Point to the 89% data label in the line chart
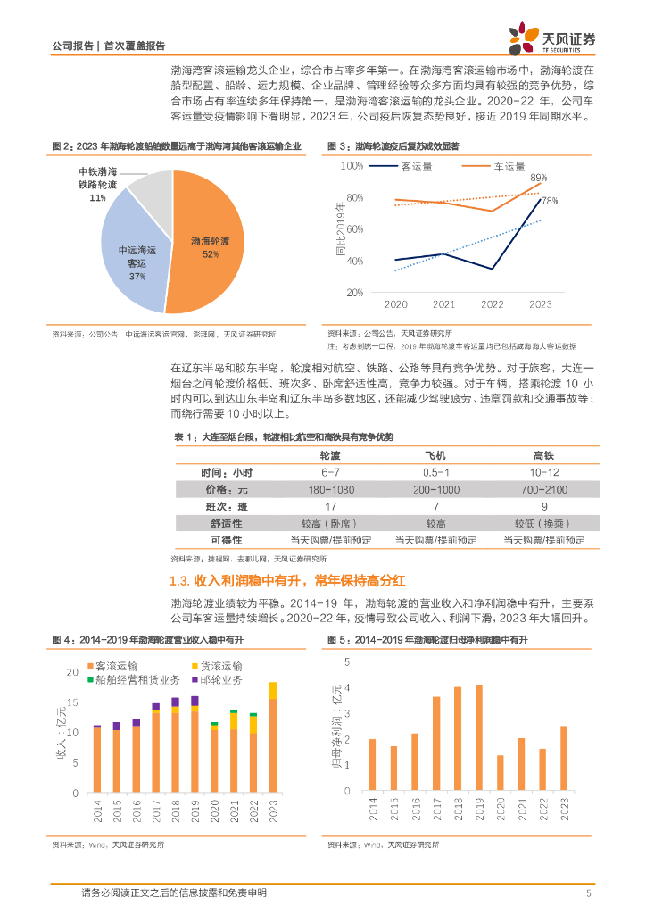pos(538,179)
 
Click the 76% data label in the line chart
pos(549,201)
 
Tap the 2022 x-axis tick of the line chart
pos(493,304)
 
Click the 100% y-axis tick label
pos(352,166)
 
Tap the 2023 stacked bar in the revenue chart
pos(272,738)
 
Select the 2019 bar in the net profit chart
pos(479,738)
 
